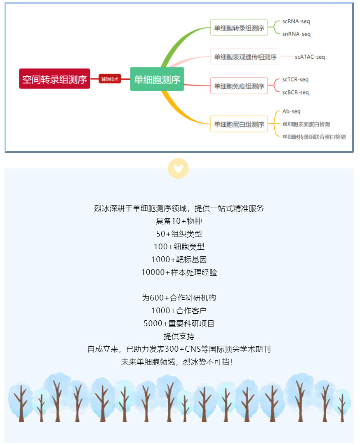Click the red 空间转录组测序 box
tap(54, 78)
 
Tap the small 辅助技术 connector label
tap(110, 79)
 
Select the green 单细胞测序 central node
tap(157, 79)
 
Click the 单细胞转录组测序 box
tap(239, 28)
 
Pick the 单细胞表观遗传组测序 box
tap(245, 57)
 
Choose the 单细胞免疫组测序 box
tap(239, 86)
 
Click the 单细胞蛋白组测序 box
tap(239, 124)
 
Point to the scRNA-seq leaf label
tap(296, 21)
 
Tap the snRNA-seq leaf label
tap(296, 34)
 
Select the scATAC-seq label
tap(310, 57)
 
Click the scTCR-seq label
tap(295, 80)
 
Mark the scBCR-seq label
tap(295, 92)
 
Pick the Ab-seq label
tap(291, 111)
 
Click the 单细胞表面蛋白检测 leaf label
tap(306, 124)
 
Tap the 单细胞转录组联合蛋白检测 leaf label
tap(314, 137)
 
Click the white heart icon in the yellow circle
tap(178, 168)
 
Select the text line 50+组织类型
tap(179, 234)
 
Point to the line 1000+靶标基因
tap(179, 259)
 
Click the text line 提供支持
tap(179, 336)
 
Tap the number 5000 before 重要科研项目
tap(153, 324)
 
